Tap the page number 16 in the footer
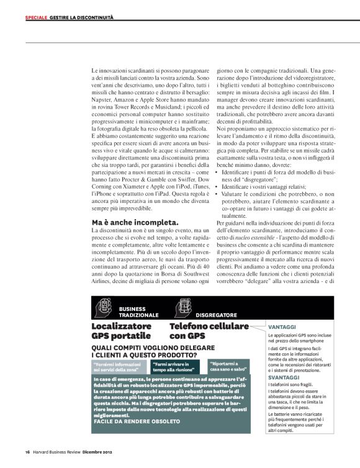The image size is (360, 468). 27,452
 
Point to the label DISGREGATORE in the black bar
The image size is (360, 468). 218,314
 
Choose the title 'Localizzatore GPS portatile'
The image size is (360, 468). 121,331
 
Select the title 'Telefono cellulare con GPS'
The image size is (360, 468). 209,331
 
